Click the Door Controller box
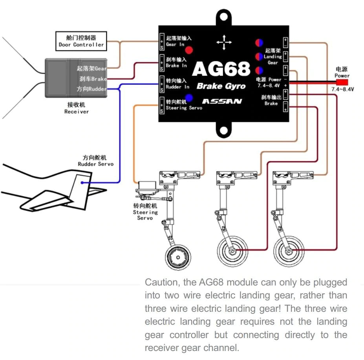(81, 41)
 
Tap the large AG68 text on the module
(221, 69)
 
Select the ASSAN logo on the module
(222, 101)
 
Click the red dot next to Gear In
(189, 50)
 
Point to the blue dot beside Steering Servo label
(189, 98)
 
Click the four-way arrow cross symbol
(224, 42)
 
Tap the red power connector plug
(342, 82)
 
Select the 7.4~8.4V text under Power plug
(342, 89)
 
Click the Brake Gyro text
(221, 86)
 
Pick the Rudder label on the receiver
(92, 89)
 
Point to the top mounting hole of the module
(224, 18)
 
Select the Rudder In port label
(177, 84)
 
